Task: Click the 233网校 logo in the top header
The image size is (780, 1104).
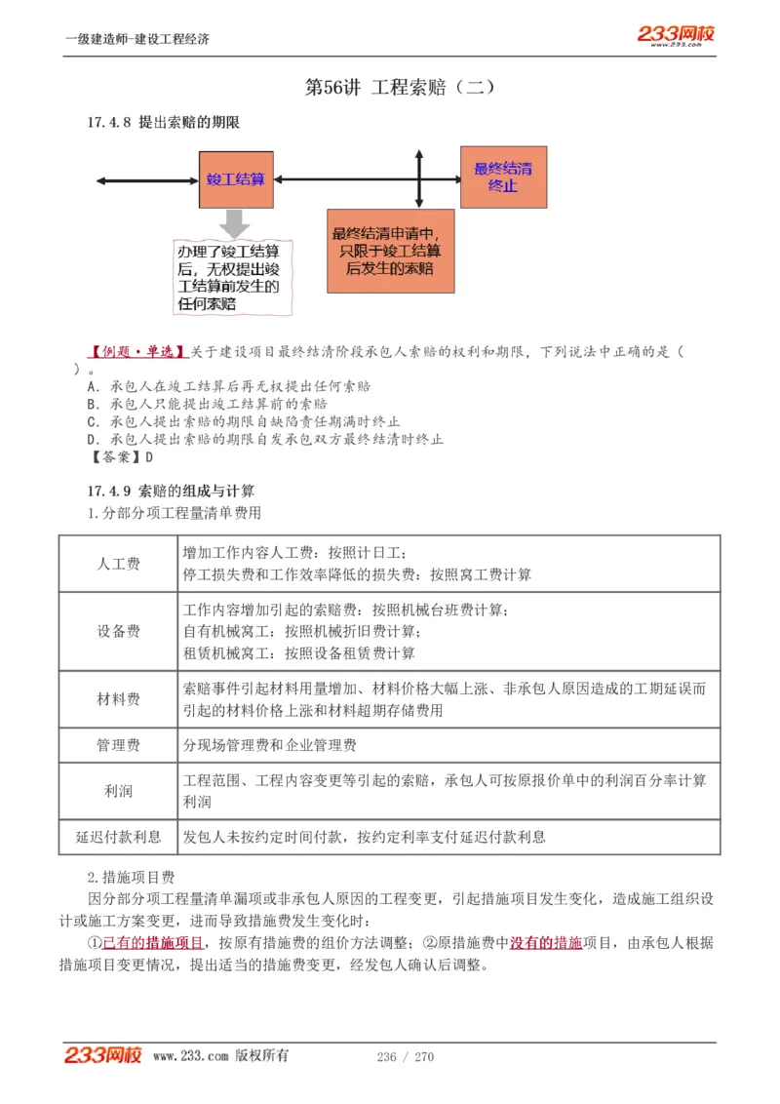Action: tap(677, 36)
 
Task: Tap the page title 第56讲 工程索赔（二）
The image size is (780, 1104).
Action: tap(401, 88)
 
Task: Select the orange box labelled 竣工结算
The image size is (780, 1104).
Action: tap(236, 179)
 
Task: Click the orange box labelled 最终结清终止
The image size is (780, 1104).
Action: tap(503, 177)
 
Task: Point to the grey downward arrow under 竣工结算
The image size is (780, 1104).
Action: tap(234, 222)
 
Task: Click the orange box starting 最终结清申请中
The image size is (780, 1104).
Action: tap(390, 252)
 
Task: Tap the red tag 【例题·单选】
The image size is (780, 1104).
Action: tap(137, 351)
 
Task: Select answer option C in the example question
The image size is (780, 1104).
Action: tap(243, 422)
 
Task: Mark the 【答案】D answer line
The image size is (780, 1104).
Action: tap(121, 456)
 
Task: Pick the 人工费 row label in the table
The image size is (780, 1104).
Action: tap(118, 564)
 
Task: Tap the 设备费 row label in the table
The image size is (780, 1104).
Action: tap(118, 631)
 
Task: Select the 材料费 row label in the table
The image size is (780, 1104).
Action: tap(118, 699)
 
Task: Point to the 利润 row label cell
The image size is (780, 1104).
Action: tap(118, 791)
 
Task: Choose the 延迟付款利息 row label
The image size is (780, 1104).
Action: tap(118, 837)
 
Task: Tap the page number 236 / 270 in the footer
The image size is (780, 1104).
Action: tap(405, 1057)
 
